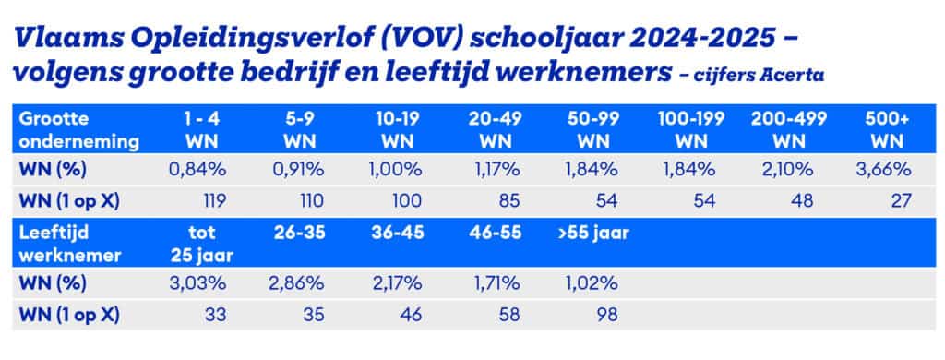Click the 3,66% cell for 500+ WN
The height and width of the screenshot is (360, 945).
(x=889, y=171)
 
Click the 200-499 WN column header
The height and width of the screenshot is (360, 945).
(x=788, y=130)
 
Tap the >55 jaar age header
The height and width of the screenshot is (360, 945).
(x=596, y=234)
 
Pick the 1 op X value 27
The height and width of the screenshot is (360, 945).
(x=902, y=200)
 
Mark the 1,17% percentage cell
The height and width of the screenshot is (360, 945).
(x=493, y=171)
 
